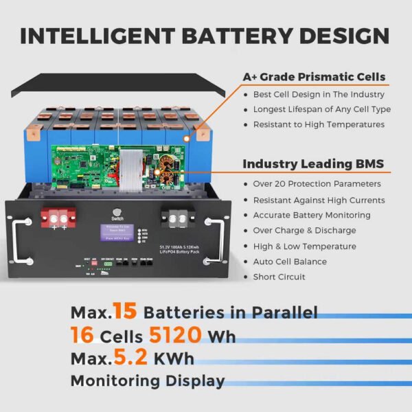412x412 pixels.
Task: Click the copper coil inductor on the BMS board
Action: (x=168, y=179)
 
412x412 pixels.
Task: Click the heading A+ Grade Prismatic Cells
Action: (x=314, y=77)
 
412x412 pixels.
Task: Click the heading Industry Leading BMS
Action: (x=313, y=164)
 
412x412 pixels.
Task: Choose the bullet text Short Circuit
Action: (x=279, y=277)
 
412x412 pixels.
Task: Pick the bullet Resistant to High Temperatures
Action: (x=319, y=124)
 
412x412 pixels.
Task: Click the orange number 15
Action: (x=125, y=312)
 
